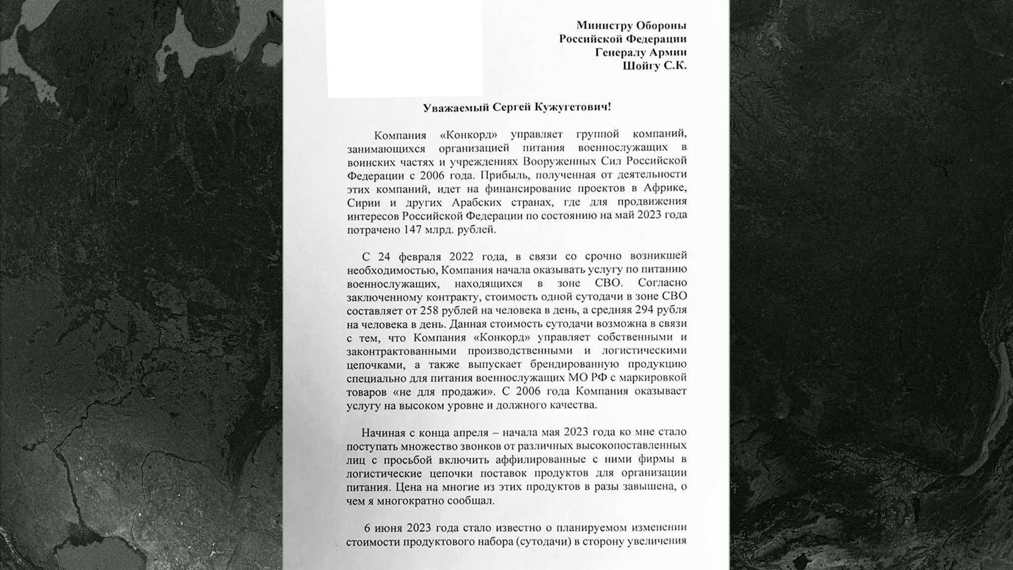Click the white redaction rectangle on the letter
[405, 49]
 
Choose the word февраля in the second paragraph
[418, 257]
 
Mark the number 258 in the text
[430, 310]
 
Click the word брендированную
[574, 365]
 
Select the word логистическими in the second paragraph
[644, 351]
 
